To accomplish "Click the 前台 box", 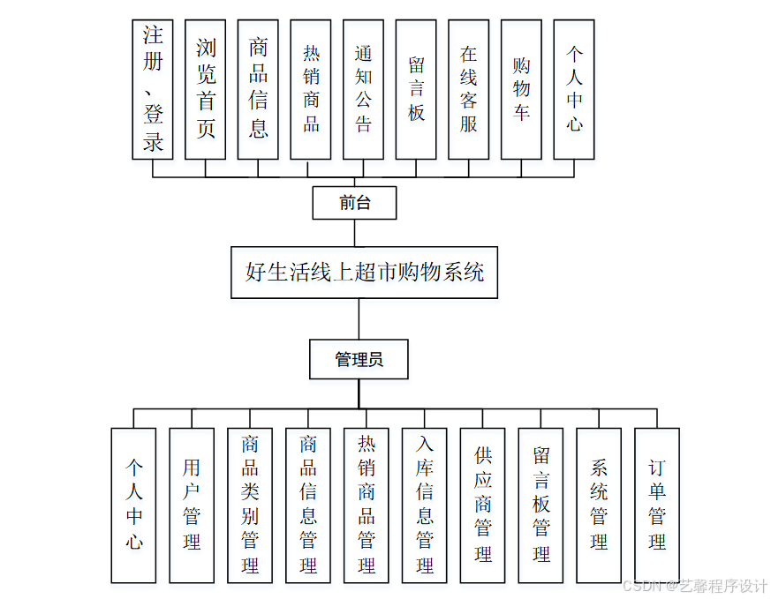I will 354,203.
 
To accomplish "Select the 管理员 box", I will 359,359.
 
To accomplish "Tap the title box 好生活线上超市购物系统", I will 364,273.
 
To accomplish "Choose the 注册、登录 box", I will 153,89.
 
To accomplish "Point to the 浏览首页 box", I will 205,89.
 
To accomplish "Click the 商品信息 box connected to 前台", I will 258,89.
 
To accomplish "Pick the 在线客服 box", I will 468,89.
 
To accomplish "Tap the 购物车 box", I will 521,89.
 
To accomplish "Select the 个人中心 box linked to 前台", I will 574,89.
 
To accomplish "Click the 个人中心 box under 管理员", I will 133,505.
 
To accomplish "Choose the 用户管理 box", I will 192,505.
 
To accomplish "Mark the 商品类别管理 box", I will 250,505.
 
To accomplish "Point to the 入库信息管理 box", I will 425,505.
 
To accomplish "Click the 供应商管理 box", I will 483,505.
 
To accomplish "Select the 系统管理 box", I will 599,505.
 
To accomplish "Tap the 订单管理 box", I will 657,505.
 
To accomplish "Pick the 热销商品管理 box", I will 367,505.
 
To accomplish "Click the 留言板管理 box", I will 540,505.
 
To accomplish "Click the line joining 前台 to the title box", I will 354,232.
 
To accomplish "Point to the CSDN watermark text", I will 695,586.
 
